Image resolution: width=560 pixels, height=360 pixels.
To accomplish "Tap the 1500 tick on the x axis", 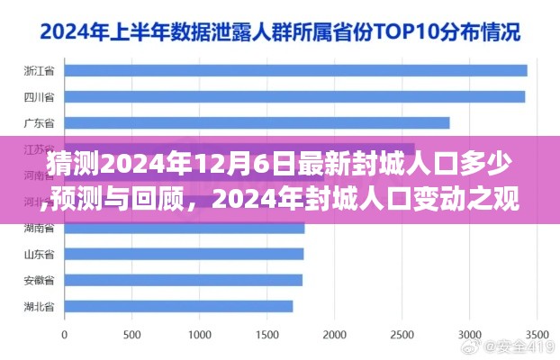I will (268, 334).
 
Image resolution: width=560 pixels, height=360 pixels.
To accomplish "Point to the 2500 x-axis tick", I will (402, 334).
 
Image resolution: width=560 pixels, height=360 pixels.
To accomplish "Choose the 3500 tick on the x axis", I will (537, 334).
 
